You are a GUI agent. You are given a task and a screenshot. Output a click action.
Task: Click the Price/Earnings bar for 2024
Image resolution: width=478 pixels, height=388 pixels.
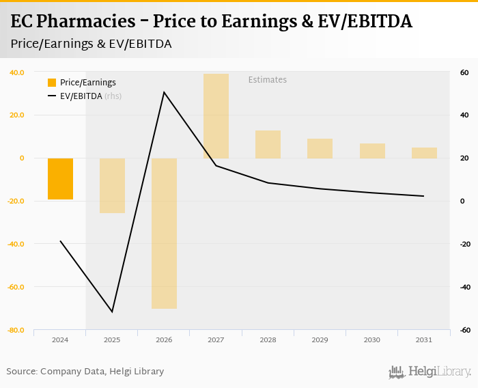click(x=60, y=178)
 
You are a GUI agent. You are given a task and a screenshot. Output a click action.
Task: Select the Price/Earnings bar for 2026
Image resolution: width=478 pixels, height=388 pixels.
click(x=165, y=233)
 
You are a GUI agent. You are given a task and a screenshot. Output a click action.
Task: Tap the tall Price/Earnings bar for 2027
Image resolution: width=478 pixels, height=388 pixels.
click(x=216, y=116)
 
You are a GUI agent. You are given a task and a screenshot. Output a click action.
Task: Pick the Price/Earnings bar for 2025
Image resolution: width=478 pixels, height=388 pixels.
click(x=113, y=185)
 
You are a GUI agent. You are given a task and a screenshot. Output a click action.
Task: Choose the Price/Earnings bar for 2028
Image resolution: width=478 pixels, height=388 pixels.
click(x=268, y=144)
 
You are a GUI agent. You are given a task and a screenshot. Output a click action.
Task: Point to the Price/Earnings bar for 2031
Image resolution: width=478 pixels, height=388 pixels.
click(x=424, y=152)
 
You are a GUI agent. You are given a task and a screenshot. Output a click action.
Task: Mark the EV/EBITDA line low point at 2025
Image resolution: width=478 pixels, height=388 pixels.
click(x=113, y=311)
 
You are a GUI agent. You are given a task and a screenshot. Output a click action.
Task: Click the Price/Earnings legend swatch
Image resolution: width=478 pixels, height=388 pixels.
click(x=52, y=83)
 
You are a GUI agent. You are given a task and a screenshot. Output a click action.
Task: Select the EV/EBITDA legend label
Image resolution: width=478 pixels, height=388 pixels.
click(x=81, y=96)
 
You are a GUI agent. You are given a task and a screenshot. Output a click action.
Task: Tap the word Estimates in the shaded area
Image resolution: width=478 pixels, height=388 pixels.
click(x=267, y=80)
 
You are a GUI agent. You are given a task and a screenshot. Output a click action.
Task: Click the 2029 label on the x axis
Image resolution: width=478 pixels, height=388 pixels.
click(x=320, y=339)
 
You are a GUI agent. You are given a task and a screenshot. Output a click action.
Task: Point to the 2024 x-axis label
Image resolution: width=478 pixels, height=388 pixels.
click(x=60, y=339)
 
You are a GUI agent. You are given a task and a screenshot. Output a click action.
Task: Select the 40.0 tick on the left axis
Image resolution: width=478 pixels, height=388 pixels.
click(x=16, y=72)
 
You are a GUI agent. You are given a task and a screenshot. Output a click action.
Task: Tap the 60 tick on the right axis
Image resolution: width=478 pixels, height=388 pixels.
click(x=463, y=72)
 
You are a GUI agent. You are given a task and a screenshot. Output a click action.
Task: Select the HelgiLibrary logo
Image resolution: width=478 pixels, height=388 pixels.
click(x=430, y=372)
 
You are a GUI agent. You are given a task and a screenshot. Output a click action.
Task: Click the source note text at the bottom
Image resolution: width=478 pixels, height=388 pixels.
click(x=85, y=372)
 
